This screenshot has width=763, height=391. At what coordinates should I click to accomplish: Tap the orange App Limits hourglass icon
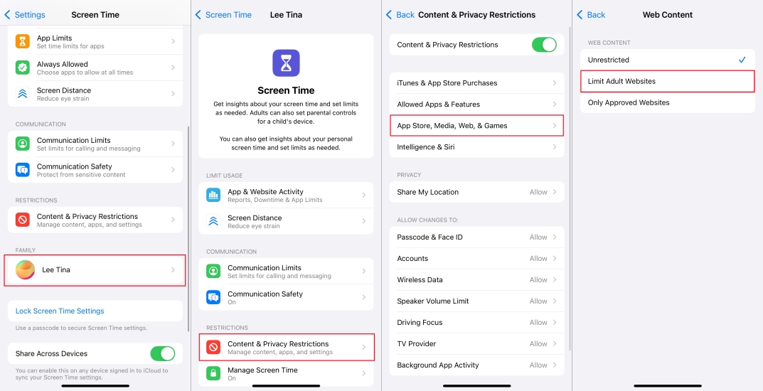coord(23,41)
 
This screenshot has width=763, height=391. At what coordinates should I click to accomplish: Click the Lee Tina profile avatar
coord(26,270)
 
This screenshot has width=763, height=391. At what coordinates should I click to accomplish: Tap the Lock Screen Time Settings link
coord(60,311)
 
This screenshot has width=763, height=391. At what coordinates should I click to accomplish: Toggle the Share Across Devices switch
coord(162,353)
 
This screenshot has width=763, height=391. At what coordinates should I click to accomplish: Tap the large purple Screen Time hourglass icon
coord(286,63)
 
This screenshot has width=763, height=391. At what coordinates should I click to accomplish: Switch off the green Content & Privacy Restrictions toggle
coord(544,45)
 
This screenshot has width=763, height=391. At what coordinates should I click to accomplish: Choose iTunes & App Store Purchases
coord(476,83)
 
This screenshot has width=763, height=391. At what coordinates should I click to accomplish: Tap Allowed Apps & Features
coord(476,105)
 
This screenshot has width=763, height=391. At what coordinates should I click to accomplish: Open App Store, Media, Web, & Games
coord(476,126)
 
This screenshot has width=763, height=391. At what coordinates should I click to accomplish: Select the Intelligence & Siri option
coord(476,147)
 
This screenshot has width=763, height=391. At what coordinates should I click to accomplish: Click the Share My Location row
coord(476,192)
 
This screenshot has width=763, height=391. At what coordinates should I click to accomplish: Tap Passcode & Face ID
coord(476,237)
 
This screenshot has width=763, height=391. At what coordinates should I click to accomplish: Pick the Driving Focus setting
coord(476,323)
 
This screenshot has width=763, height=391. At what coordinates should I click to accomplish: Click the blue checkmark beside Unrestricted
coord(742,60)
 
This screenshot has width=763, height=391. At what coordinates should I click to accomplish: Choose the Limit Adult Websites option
coord(667,81)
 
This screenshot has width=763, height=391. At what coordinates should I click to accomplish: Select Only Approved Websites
coord(667,102)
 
